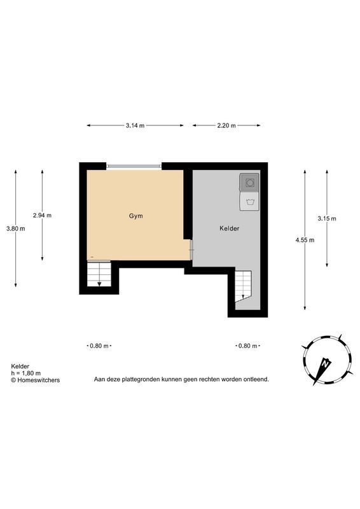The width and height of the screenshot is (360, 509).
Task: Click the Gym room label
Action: pos(135,216)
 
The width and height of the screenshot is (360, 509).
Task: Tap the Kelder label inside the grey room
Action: pos(229,228)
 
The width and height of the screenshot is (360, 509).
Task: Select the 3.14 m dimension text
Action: pos(135,126)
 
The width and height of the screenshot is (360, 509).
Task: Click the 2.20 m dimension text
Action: pos(226,126)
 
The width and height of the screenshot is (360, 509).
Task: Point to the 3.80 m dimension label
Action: pos(15,228)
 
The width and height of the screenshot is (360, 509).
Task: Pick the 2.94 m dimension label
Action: pos(42,215)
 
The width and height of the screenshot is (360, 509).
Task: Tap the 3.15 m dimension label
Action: pos(326,218)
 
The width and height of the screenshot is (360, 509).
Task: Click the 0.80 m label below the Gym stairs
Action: pos(99,346)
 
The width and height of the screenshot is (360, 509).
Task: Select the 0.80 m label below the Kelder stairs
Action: pos(247,346)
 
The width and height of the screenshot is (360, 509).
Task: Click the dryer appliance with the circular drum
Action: pos(249,183)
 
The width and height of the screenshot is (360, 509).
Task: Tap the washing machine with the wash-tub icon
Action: pos(249,202)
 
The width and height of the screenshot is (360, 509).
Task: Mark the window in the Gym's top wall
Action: pos(134,166)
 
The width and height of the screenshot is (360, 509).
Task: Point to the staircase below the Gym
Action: pos(99,275)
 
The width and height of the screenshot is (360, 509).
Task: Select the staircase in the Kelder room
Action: pos(244,286)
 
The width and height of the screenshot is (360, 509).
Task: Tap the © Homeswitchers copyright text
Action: pos(36,380)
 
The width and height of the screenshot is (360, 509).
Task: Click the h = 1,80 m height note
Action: pos(26,373)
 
